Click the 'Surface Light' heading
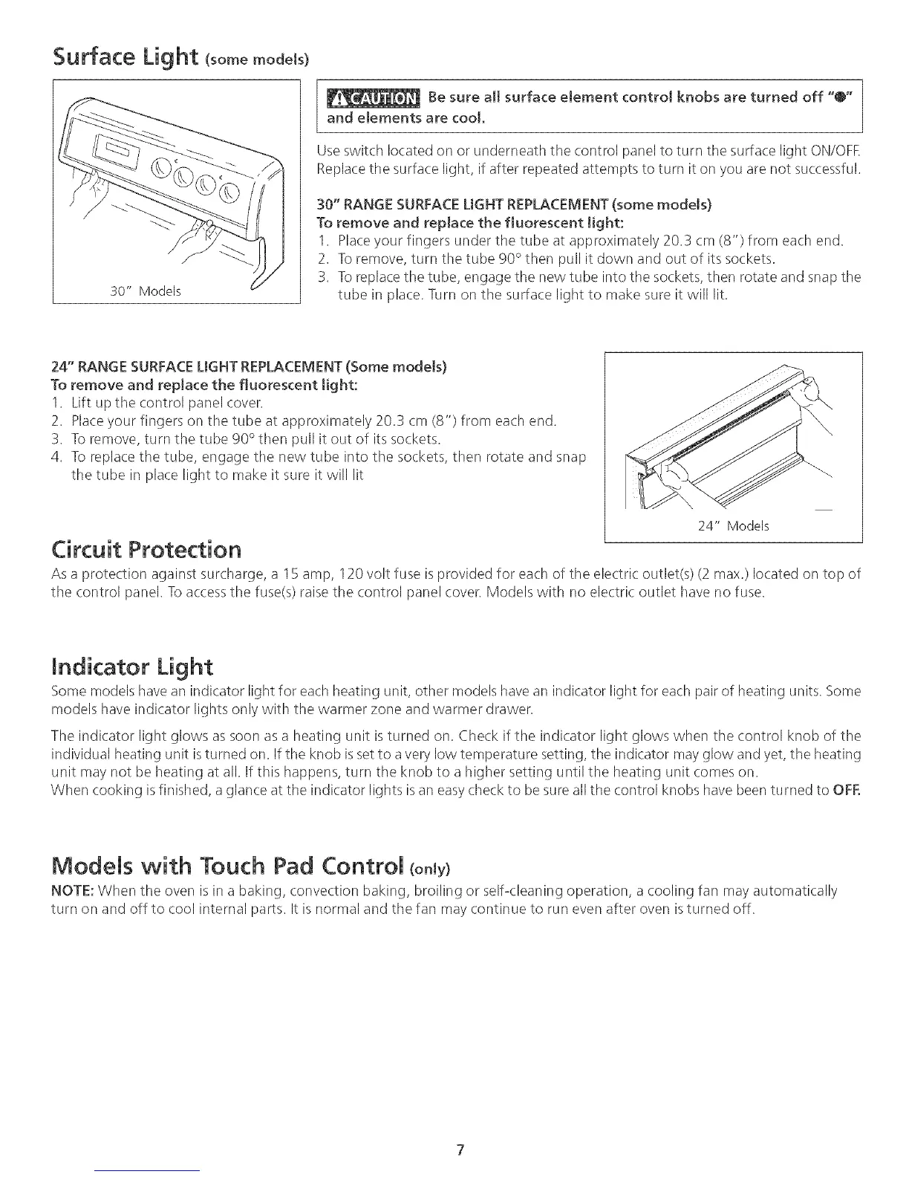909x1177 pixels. pyautogui.click(x=124, y=54)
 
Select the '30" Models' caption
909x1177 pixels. pyautogui.click(x=146, y=291)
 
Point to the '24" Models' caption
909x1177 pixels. pyautogui.click(x=733, y=526)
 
